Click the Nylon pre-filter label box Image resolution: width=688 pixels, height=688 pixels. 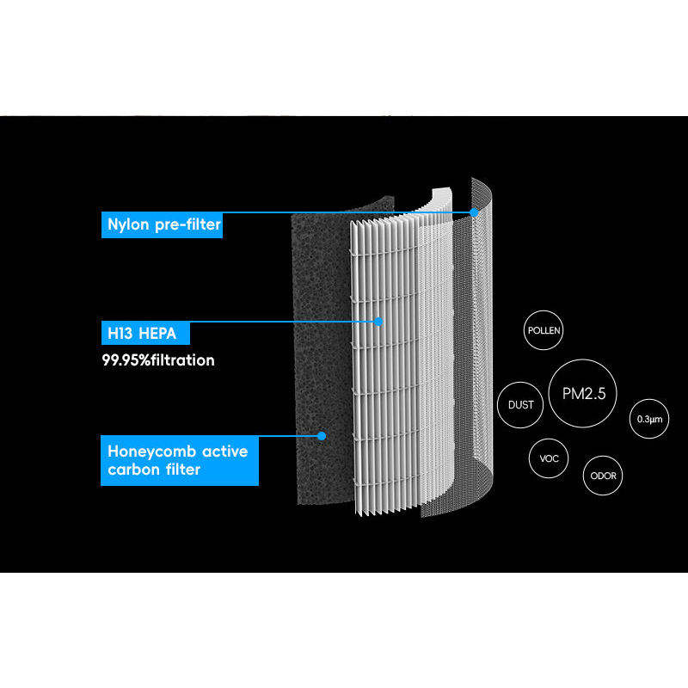pyautogui.click(x=161, y=225)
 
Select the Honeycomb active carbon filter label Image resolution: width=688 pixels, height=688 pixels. pyautogui.click(x=179, y=460)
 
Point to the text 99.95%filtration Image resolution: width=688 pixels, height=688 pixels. pyautogui.click(x=157, y=359)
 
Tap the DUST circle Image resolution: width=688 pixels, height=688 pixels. pyautogui.click(x=521, y=404)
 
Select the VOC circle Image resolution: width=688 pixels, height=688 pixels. pyautogui.click(x=549, y=458)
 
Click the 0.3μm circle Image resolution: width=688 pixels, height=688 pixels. pyautogui.click(x=649, y=419)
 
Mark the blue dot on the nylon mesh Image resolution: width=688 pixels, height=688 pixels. pyautogui.click(x=474, y=212)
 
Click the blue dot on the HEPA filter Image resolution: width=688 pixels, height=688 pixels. pyautogui.click(x=378, y=321)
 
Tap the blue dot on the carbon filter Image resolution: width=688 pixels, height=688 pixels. pyautogui.click(x=321, y=435)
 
